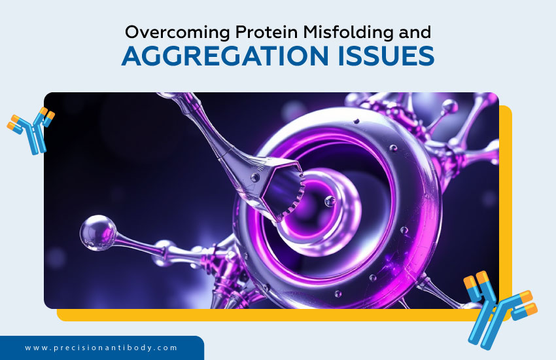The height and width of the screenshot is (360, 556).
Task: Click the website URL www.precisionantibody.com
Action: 101,348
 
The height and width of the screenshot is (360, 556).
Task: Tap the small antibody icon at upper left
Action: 31,130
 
